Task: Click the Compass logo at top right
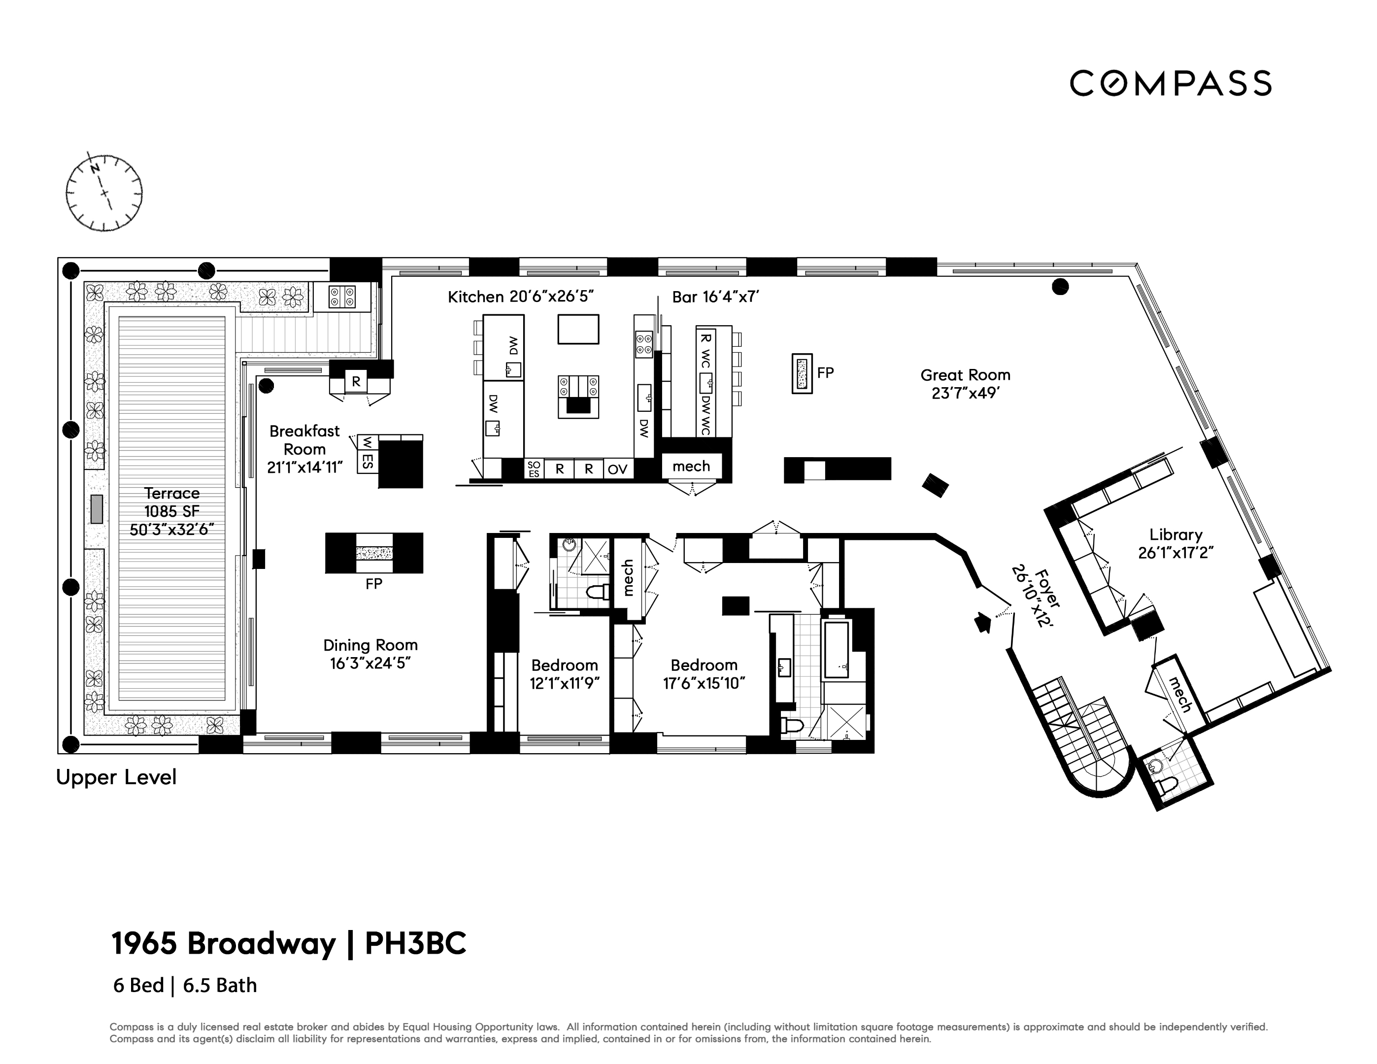tap(1170, 83)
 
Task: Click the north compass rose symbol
tap(104, 192)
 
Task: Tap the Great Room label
tap(965, 384)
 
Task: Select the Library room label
tap(1175, 543)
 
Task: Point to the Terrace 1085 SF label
tap(171, 511)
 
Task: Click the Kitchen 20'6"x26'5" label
tap(521, 297)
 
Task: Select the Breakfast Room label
tap(304, 449)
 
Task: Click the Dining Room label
tap(370, 654)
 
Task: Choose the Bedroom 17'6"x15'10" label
tap(704, 674)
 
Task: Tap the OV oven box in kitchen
tap(617, 469)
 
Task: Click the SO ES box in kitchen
tap(534, 469)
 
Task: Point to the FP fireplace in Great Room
tap(802, 373)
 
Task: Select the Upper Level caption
tap(116, 777)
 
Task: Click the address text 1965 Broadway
tap(223, 944)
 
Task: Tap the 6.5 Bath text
tap(220, 985)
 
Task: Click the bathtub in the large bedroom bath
tap(836, 649)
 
